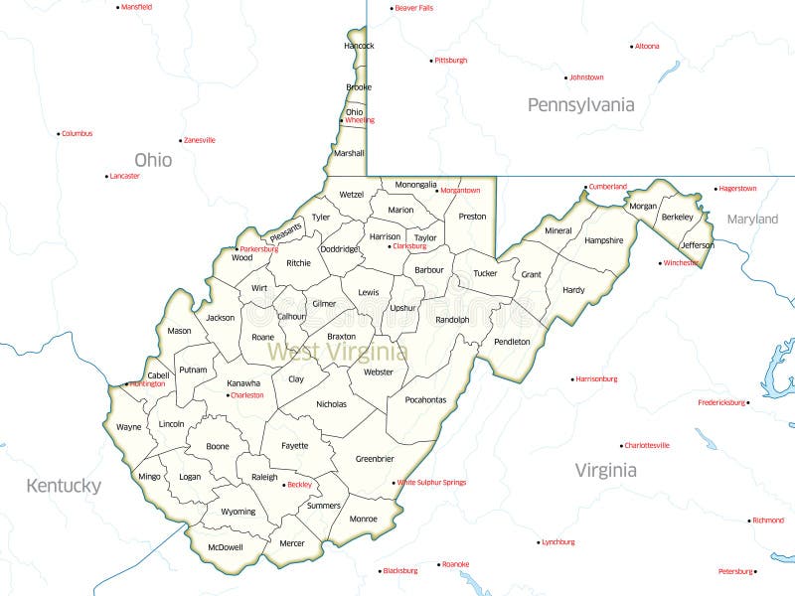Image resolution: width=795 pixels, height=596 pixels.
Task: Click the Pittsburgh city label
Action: (x=451, y=61)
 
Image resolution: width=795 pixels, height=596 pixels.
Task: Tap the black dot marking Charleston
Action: (x=229, y=395)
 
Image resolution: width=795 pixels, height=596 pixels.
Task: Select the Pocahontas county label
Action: (x=424, y=400)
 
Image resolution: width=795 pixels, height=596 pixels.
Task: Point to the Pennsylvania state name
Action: (x=580, y=105)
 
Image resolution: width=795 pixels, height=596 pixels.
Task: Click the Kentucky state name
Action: (x=64, y=486)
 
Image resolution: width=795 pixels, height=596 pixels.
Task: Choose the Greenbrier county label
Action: (x=375, y=459)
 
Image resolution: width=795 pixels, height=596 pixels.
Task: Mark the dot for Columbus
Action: (x=59, y=133)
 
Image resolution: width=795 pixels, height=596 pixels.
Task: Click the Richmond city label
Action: (x=768, y=521)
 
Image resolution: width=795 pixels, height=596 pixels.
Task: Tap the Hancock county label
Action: (x=359, y=46)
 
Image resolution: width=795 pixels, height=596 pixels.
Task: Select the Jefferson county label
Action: (x=697, y=245)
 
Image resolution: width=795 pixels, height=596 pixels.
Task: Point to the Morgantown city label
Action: (x=460, y=191)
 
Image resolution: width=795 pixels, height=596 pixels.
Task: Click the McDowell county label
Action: (x=226, y=547)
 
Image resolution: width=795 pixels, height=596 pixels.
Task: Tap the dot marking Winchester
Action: (x=662, y=263)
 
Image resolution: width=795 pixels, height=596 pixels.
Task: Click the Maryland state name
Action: (x=752, y=219)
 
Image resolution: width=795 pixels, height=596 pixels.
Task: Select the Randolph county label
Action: (x=452, y=320)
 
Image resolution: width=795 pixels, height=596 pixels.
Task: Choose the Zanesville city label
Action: (x=200, y=141)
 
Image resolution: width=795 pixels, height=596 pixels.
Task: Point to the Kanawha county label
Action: (x=243, y=383)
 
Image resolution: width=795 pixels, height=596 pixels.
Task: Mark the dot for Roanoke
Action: (x=438, y=564)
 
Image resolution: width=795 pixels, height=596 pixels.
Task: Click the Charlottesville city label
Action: (x=647, y=446)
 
